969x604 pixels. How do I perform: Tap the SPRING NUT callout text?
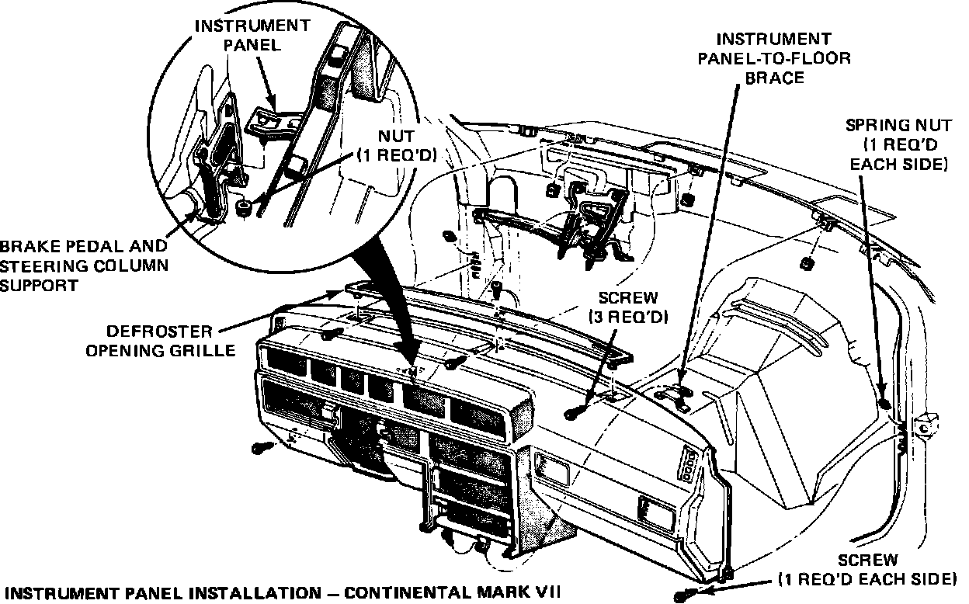[897, 144]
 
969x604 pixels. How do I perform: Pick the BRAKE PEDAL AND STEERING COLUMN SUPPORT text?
[83, 266]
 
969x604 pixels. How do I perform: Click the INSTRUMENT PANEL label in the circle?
[252, 35]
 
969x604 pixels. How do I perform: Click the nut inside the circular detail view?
[243, 207]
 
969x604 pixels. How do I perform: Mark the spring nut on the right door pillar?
[885, 403]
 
